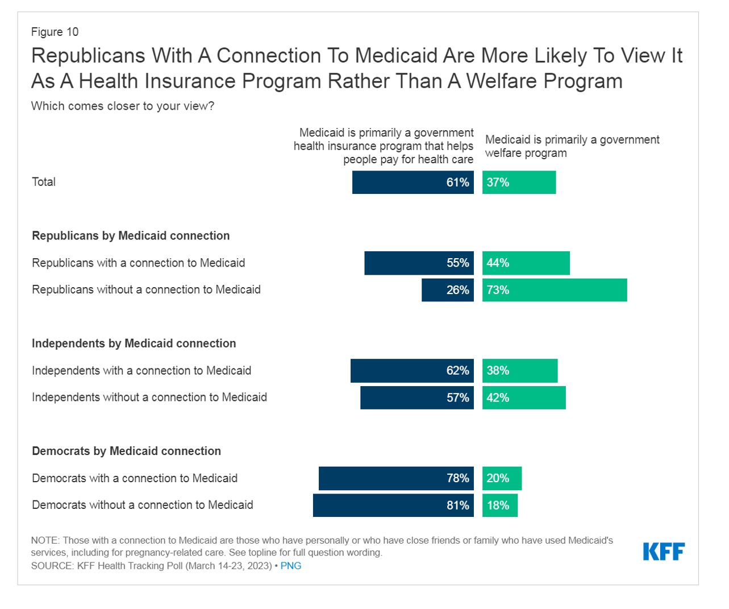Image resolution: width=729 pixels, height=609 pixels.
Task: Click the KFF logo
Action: click(x=664, y=551)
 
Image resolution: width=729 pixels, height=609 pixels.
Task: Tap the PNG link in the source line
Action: click(x=290, y=566)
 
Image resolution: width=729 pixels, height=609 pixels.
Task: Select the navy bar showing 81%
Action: click(x=393, y=505)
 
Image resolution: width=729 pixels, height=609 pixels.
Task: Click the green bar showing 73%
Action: click(x=555, y=290)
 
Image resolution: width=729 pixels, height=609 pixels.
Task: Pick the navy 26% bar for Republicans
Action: click(x=447, y=290)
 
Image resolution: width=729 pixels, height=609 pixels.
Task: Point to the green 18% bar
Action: click(x=500, y=505)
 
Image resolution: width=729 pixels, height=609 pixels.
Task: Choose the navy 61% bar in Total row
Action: click(x=413, y=183)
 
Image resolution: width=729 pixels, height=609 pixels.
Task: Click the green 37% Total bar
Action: click(x=519, y=183)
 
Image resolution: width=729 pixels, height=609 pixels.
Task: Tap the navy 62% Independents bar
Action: click(x=412, y=371)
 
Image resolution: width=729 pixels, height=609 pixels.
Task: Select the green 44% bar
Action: click(x=526, y=263)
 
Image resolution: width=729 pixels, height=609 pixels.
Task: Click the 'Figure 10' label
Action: click(x=55, y=32)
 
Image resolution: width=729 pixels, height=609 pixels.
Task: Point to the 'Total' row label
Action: click(x=44, y=182)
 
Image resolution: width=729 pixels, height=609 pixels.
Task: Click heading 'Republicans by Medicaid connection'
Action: click(x=131, y=235)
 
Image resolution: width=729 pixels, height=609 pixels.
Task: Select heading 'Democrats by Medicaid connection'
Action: click(x=126, y=451)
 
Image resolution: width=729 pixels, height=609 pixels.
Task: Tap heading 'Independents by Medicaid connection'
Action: click(x=134, y=343)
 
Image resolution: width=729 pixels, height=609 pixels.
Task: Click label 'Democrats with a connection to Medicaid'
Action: click(x=135, y=478)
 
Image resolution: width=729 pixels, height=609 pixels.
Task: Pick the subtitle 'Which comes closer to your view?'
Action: click(x=123, y=106)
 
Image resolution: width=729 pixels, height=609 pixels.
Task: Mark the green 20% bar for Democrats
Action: click(x=502, y=478)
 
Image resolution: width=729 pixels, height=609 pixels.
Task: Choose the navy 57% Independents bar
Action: click(x=416, y=397)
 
